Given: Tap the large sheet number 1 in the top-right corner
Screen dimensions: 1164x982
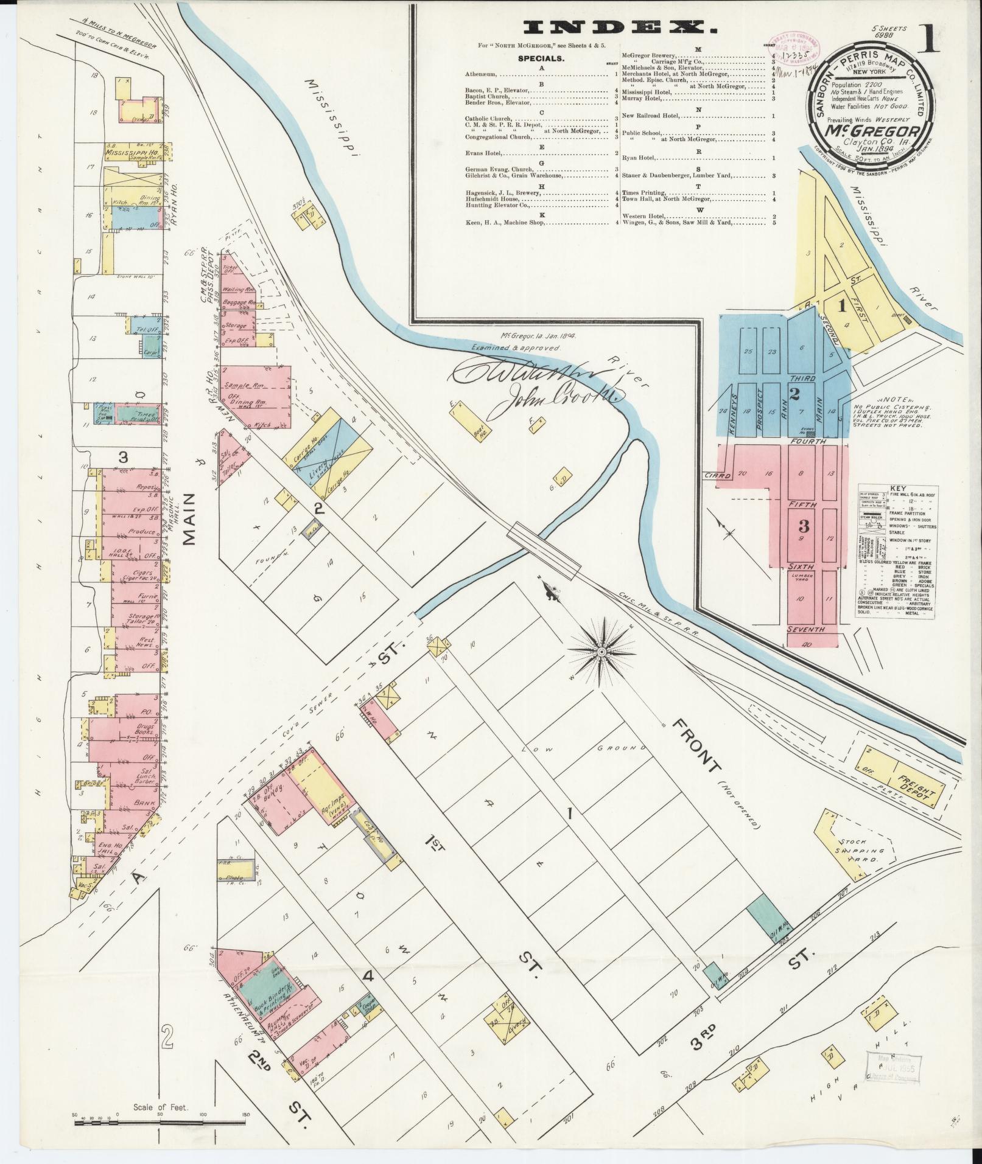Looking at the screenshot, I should point(941,40).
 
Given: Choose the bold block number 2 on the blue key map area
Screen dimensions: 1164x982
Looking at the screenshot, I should point(794,394).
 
